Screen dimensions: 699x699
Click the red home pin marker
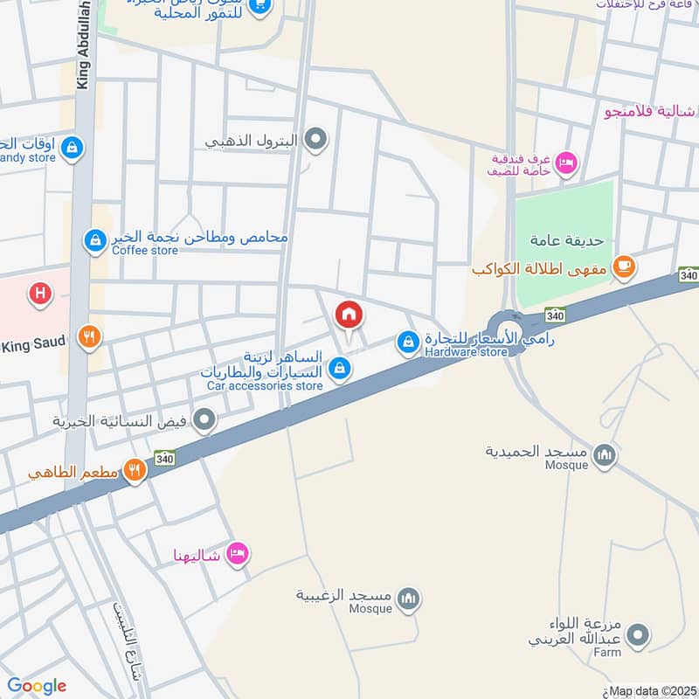349,315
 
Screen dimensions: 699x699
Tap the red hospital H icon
39,294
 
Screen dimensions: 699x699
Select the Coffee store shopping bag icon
95,239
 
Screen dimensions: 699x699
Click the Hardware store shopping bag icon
407,343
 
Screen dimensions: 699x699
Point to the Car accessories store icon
341,371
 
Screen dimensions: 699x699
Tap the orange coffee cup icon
623,267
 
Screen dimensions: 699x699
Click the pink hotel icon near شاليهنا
237,554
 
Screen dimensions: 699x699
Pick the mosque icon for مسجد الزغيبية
407,599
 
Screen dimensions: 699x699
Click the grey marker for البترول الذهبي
316,139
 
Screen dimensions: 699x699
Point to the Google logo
37,686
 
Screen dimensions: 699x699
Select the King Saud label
34,343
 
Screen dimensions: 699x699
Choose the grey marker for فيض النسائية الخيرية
205,421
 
